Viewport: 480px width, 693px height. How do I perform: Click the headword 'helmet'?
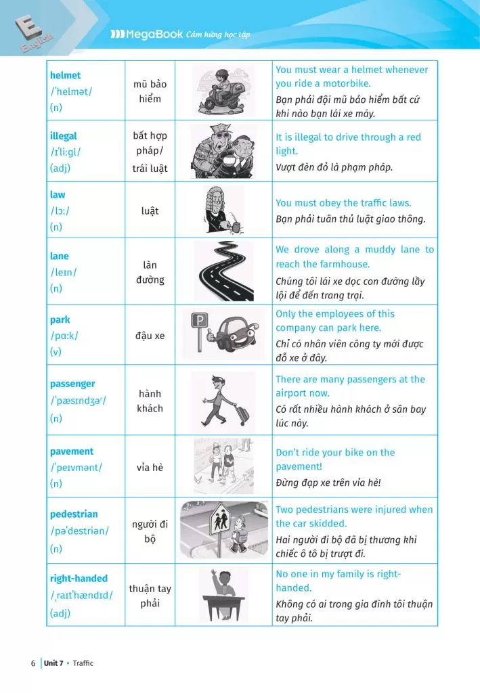tap(65, 75)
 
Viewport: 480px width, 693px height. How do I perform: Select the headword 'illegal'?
tap(64, 135)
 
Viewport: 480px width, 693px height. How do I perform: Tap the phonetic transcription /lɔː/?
tap(60, 210)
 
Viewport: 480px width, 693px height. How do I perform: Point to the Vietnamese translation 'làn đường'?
tap(150, 272)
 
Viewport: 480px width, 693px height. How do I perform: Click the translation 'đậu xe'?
tap(150, 336)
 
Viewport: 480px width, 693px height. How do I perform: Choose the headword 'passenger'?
tap(72, 384)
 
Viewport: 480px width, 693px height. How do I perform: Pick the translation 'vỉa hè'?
tap(150, 468)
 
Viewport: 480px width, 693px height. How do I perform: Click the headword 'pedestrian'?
tap(74, 514)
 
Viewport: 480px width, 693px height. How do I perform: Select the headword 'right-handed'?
tap(79, 579)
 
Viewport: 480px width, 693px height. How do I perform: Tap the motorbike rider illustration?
tap(223, 90)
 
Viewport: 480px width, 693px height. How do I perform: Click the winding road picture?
tap(223, 271)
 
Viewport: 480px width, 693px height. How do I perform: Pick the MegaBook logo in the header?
tap(146, 34)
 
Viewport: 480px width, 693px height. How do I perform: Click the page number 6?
tap(32, 663)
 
